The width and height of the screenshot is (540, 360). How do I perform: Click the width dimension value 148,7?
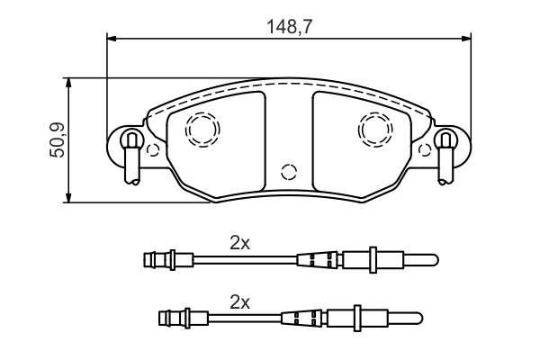[x=288, y=27]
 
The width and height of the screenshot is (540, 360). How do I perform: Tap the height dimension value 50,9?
[x=56, y=139]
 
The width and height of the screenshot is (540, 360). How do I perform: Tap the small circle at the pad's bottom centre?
[x=289, y=171]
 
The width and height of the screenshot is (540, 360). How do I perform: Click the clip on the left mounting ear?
[x=131, y=153]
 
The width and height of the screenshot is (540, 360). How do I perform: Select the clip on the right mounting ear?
[x=445, y=153]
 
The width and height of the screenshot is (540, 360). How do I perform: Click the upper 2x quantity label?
[x=239, y=242]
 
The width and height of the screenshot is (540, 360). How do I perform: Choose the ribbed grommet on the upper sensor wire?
[x=319, y=261]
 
